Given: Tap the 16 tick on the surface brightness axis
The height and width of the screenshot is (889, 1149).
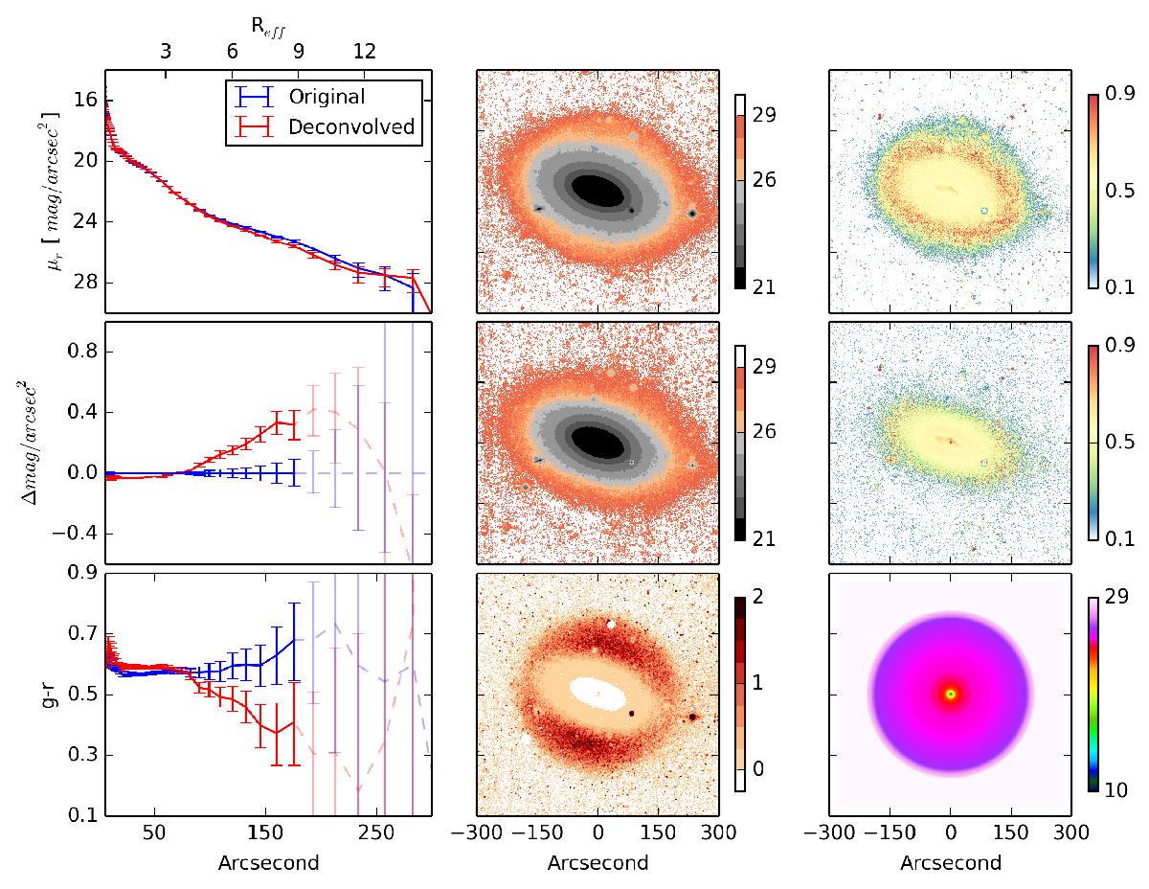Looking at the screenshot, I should [x=83, y=100].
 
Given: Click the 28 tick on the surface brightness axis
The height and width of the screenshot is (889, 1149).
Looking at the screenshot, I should [x=83, y=284].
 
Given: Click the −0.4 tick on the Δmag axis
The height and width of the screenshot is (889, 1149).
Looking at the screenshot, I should [x=73, y=533].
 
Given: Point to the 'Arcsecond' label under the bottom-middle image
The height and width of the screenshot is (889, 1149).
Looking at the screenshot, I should [x=597, y=862].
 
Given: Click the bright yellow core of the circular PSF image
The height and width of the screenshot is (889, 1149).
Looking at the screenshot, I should [x=951, y=694].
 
